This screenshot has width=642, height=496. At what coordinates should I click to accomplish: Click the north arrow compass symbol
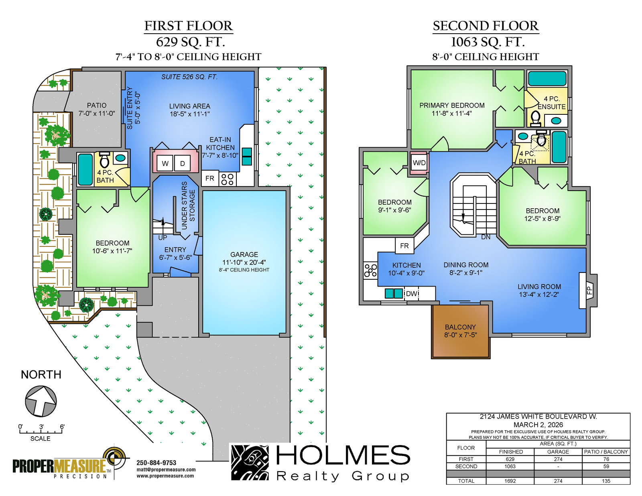(41, 401)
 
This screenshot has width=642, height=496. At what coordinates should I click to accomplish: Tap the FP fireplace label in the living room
(589, 290)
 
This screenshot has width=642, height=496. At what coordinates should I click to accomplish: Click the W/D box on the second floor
(419, 163)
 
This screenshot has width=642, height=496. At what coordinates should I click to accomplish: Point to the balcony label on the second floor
(460, 331)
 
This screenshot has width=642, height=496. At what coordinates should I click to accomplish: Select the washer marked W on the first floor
(165, 163)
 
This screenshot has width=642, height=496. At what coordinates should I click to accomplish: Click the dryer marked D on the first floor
(183, 163)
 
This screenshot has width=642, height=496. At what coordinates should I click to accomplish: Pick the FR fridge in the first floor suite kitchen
(210, 178)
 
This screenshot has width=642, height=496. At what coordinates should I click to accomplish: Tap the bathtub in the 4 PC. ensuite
(547, 79)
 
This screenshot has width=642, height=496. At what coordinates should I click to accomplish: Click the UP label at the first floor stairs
(163, 238)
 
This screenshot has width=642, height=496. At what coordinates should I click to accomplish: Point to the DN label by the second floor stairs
(486, 237)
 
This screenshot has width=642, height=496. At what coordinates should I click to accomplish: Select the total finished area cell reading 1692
(510, 481)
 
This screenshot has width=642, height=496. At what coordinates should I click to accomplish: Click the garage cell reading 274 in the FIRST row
(558, 459)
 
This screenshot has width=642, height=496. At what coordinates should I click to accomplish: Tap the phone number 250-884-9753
(156, 463)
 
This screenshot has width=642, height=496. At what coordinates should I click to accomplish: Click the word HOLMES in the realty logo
(343, 455)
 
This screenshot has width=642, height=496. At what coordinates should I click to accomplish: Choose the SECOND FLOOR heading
(486, 26)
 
